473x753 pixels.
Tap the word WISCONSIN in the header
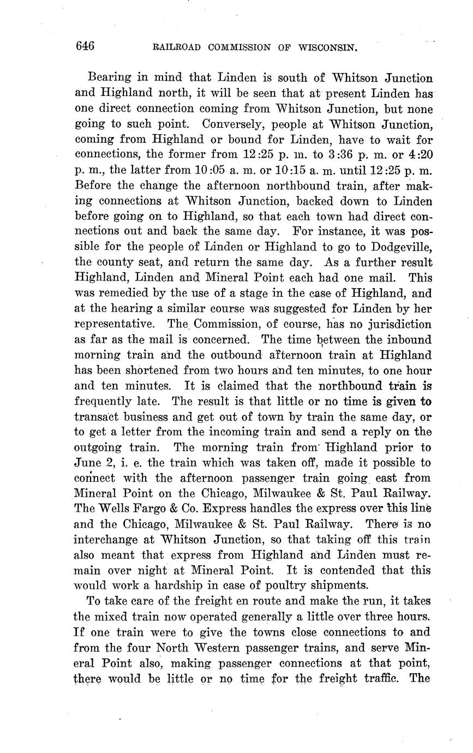(x=328, y=47)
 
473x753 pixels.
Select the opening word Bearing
(x=106, y=78)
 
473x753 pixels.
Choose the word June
(x=87, y=463)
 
